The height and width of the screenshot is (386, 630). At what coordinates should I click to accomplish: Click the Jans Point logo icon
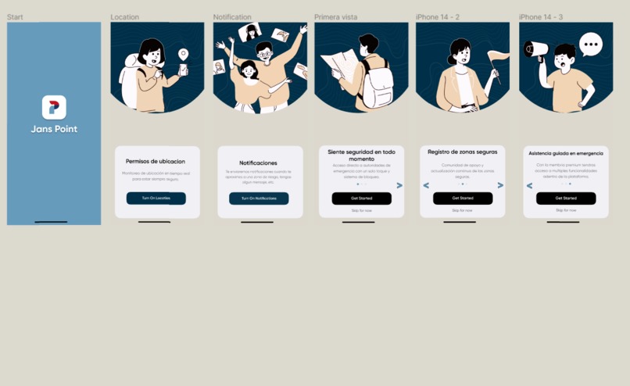[x=54, y=107]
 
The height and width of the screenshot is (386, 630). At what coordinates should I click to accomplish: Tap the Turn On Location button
[x=156, y=198]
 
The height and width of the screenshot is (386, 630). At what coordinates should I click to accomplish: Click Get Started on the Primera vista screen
[x=361, y=198]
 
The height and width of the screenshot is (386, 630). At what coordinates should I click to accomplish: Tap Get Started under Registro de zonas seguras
[x=463, y=198]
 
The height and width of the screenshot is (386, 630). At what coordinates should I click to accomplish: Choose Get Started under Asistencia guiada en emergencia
[x=566, y=198]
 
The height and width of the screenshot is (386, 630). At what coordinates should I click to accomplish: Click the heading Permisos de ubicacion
[x=156, y=162]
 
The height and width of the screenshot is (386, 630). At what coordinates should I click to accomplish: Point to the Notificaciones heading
[x=258, y=163]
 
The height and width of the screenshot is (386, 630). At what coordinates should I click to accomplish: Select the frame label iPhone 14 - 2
[x=438, y=17]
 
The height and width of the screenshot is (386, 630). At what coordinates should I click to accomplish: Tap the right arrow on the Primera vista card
[x=399, y=186]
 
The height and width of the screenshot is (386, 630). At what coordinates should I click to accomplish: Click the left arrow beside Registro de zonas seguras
[x=426, y=185]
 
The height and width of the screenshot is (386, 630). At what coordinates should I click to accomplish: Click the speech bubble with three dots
[x=591, y=45]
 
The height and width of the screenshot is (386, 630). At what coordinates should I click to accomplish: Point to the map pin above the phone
[x=183, y=54]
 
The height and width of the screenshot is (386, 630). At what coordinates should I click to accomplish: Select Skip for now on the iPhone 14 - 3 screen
[x=566, y=210]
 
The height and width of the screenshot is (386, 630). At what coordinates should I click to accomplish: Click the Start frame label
[x=15, y=17]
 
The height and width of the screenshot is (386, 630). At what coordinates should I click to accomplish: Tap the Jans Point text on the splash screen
[x=54, y=129]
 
